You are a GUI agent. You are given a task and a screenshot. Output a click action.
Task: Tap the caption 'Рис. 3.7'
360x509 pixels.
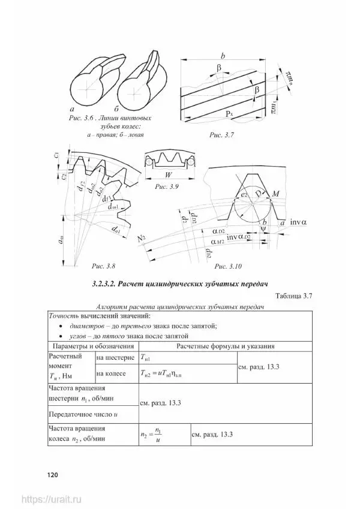pos(221,136)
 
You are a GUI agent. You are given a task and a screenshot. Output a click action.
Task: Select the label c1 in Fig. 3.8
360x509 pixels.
pos(56,155)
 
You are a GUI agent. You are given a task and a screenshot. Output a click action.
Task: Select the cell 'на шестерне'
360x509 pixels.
pos(116,357)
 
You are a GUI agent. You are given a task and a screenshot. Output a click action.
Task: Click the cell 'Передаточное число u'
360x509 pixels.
pos(82,414)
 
